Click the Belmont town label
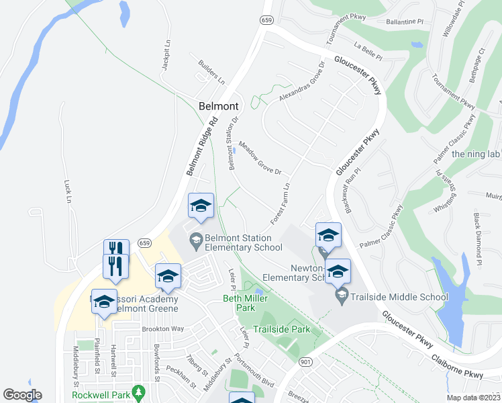click(219, 106)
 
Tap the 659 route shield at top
click(267, 21)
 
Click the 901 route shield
click(306, 362)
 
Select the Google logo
click(22, 395)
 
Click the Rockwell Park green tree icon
click(138, 391)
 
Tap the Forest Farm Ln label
click(280, 206)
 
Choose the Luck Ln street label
click(67, 191)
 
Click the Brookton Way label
click(162, 329)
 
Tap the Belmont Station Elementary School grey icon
click(195, 238)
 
